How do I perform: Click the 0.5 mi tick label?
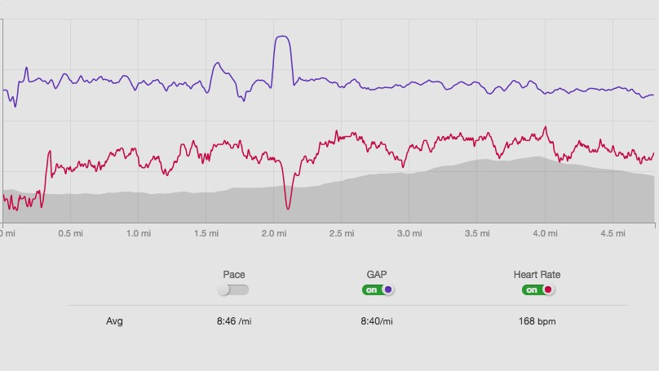pyautogui.click(x=71, y=233)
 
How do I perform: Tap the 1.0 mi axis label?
pyautogui.click(x=139, y=233)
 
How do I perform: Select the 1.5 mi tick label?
pyautogui.click(x=207, y=233)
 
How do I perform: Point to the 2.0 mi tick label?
pyautogui.click(x=275, y=233)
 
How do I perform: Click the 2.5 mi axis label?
pyautogui.click(x=343, y=233)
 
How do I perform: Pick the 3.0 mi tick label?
pyautogui.click(x=410, y=233)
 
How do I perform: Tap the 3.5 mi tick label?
pyautogui.click(x=478, y=233)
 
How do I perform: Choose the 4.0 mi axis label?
pyautogui.click(x=546, y=233)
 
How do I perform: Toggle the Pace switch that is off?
pyautogui.click(x=233, y=289)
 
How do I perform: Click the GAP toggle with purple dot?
pyautogui.click(x=378, y=289)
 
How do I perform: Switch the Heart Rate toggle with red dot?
pyautogui.click(x=538, y=289)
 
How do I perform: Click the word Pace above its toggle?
pyautogui.click(x=234, y=275)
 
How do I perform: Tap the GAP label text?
pyautogui.click(x=377, y=275)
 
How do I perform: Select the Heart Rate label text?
pyautogui.click(x=537, y=275)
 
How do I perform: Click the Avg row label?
pyautogui.click(x=114, y=321)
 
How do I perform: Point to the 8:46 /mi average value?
pyautogui.click(x=233, y=321)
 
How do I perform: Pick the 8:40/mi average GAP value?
pyautogui.click(x=377, y=321)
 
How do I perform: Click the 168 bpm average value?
pyautogui.click(x=537, y=321)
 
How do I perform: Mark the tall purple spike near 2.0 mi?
pyautogui.click(x=282, y=38)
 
